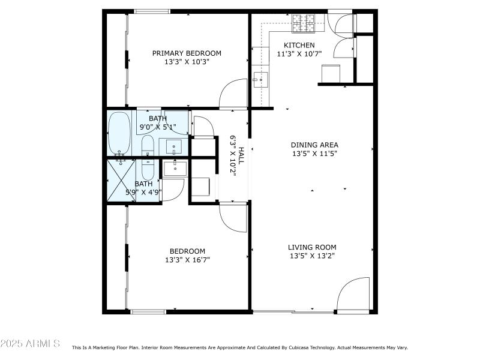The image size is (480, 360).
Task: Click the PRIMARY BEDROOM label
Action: coord(186,53)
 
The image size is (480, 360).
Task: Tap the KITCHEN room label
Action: coord(299,46)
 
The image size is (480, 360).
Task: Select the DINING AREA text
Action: coord(314,145)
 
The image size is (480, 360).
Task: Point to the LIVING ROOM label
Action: coord(312,247)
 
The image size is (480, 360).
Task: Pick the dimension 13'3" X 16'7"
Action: coord(187,260)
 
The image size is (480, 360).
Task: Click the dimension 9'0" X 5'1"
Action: coord(158,127)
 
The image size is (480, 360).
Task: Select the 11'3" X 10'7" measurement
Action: coord(299,53)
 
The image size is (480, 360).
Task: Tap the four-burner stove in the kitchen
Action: coord(304,23)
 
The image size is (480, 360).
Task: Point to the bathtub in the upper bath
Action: coord(119,133)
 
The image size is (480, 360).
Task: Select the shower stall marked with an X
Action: coord(120,180)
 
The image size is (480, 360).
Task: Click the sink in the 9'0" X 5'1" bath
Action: coord(174,146)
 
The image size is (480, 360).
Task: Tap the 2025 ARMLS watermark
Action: coord(30,344)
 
